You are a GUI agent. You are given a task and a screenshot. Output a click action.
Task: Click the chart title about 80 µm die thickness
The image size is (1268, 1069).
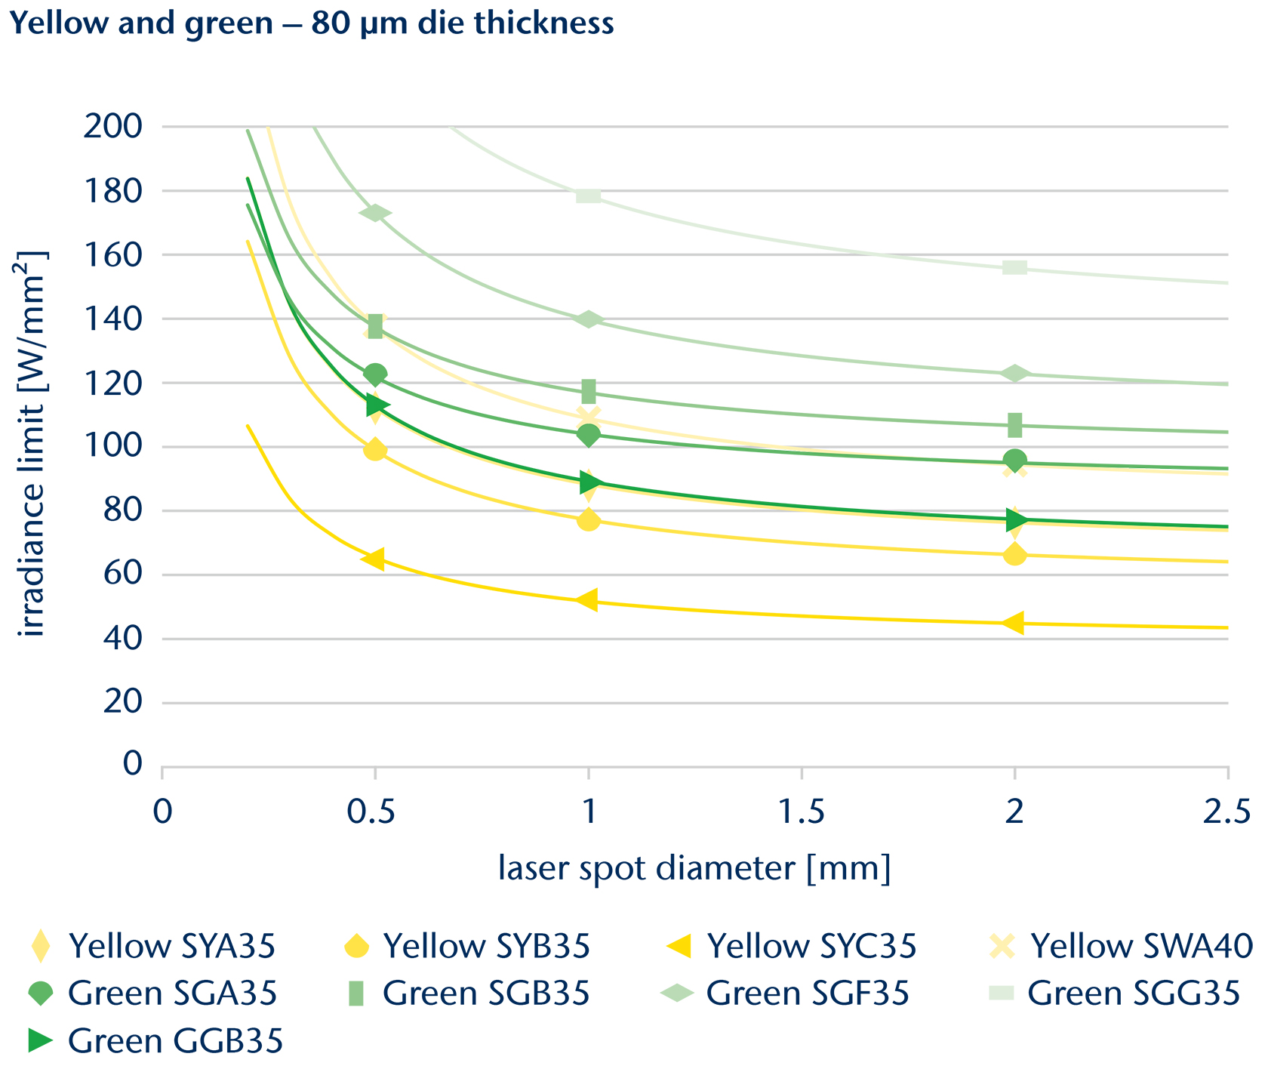[x=312, y=24]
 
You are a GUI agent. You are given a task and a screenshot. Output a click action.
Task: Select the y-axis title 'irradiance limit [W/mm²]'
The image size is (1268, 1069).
[x=33, y=445]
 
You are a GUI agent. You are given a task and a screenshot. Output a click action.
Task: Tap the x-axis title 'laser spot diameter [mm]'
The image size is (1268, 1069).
[x=694, y=868]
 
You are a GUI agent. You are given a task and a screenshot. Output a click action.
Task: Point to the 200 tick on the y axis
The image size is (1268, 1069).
[x=112, y=126]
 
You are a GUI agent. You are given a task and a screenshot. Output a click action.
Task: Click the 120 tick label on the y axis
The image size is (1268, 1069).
[x=112, y=383]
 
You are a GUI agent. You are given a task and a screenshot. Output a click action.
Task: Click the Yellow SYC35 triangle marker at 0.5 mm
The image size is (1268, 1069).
[x=374, y=559]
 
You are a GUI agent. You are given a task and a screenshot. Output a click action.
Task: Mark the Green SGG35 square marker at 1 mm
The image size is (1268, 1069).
[x=588, y=196]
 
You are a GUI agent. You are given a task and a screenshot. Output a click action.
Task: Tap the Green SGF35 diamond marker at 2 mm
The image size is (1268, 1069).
[x=1015, y=373]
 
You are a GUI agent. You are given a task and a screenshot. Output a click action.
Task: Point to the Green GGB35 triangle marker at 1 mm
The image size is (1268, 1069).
[x=590, y=482]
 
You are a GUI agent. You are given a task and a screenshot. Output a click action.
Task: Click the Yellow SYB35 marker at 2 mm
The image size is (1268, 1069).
[x=1015, y=555]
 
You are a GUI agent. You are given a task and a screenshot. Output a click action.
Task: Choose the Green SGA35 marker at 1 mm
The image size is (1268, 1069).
[x=589, y=435]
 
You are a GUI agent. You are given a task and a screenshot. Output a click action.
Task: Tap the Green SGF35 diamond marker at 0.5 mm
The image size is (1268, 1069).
[x=375, y=213]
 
